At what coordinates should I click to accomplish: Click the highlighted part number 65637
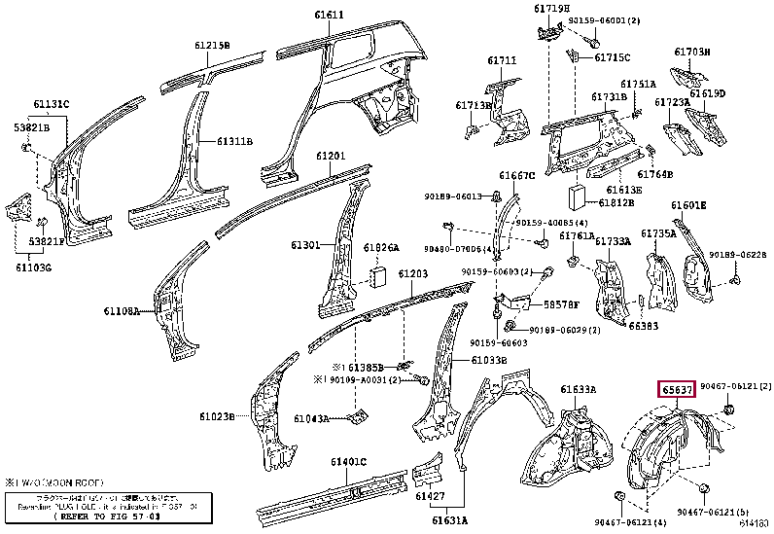(677, 390)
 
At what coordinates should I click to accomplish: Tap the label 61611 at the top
(329, 15)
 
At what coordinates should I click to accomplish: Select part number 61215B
(212, 45)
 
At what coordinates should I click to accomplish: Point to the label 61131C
(52, 105)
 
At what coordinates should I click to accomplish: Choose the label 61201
(331, 156)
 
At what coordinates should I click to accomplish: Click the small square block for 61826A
(378, 276)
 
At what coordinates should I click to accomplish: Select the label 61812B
(616, 202)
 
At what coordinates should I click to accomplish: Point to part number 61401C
(346, 461)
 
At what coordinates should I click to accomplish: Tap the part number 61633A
(578, 390)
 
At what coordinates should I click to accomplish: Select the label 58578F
(561, 304)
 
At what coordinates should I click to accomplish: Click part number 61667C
(517, 175)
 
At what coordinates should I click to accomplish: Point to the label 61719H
(551, 9)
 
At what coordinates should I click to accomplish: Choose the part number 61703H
(692, 52)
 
